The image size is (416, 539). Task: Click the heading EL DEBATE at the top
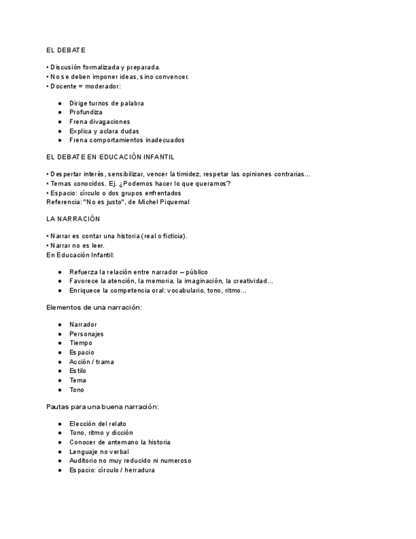coord(66,50)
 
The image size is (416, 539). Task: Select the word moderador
coord(102,86)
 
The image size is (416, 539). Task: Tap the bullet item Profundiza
coord(86,113)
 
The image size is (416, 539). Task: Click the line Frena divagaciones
coord(100,122)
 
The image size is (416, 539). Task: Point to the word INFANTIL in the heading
coord(160,157)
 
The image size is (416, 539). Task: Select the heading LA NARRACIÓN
coord(73,219)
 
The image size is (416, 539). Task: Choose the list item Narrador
coord(83,325)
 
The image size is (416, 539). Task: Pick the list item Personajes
coord(86,334)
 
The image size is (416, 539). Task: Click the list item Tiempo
coord(81,343)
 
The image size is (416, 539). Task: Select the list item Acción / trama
coord(91,362)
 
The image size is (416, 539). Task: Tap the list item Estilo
coord(77,371)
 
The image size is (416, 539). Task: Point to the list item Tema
coord(77,381)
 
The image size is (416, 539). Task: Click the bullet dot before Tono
coord(60,390)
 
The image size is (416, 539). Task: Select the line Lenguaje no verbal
coord(99,452)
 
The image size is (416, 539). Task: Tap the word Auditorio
coord(84,461)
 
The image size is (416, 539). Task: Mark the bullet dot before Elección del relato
coord(60,424)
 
